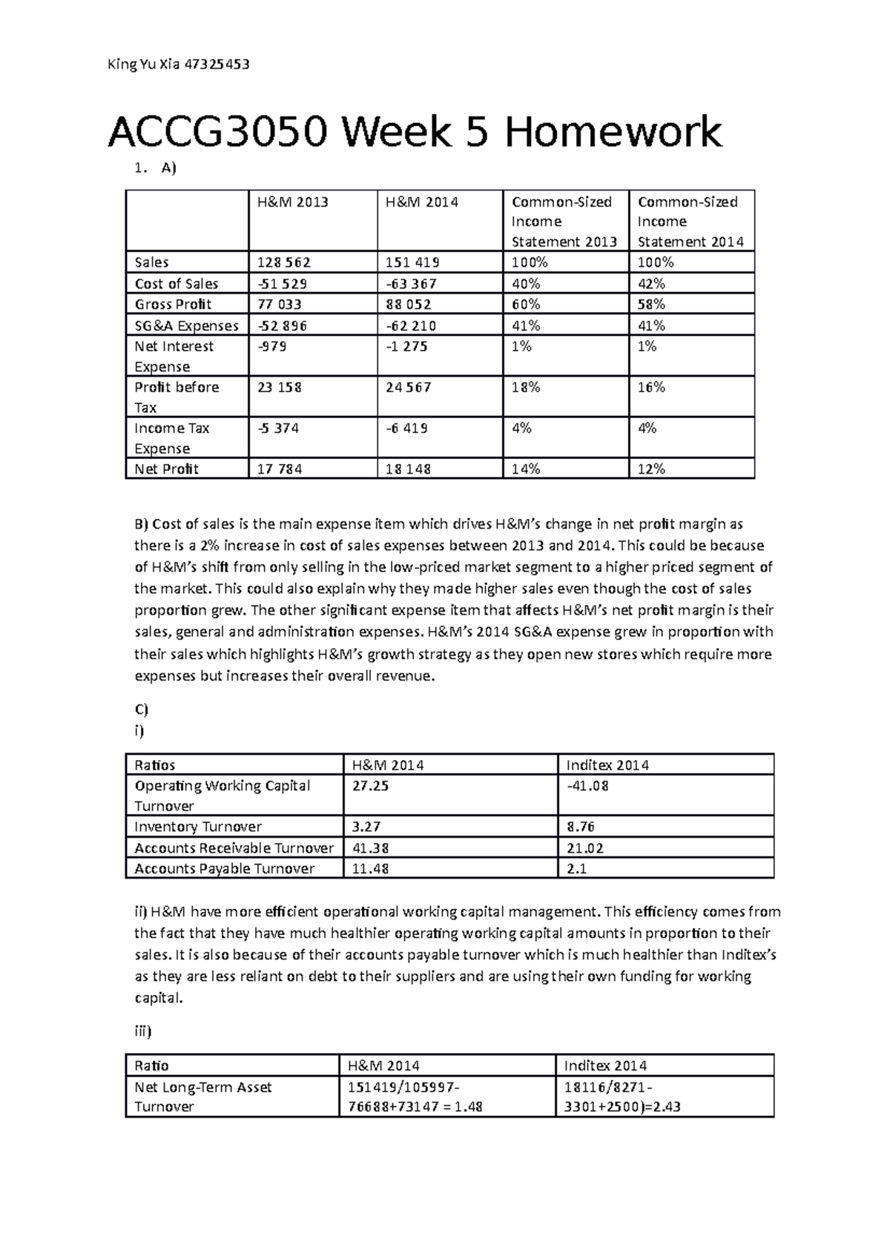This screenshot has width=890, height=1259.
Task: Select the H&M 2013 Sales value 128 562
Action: [284, 262]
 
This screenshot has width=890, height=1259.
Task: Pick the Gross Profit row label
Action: [173, 305]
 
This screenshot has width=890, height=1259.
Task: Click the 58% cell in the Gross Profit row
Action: [651, 305]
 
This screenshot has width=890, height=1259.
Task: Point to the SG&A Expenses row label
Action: [186, 326]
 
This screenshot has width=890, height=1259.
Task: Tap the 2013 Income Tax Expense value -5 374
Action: [278, 429]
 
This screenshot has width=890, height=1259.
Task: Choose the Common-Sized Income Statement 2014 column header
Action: [690, 221]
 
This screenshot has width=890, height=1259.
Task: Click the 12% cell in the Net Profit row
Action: [651, 469]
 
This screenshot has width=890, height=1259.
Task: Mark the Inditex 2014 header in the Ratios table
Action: [607, 765]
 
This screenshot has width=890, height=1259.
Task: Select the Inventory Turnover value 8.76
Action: [581, 827]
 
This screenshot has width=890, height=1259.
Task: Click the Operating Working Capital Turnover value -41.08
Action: [587, 786]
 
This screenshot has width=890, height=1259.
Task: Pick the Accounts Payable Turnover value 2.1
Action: [577, 869]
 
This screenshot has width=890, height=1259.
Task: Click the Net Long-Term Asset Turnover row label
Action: [202, 1097]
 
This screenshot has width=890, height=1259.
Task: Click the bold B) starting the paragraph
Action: [141, 524]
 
